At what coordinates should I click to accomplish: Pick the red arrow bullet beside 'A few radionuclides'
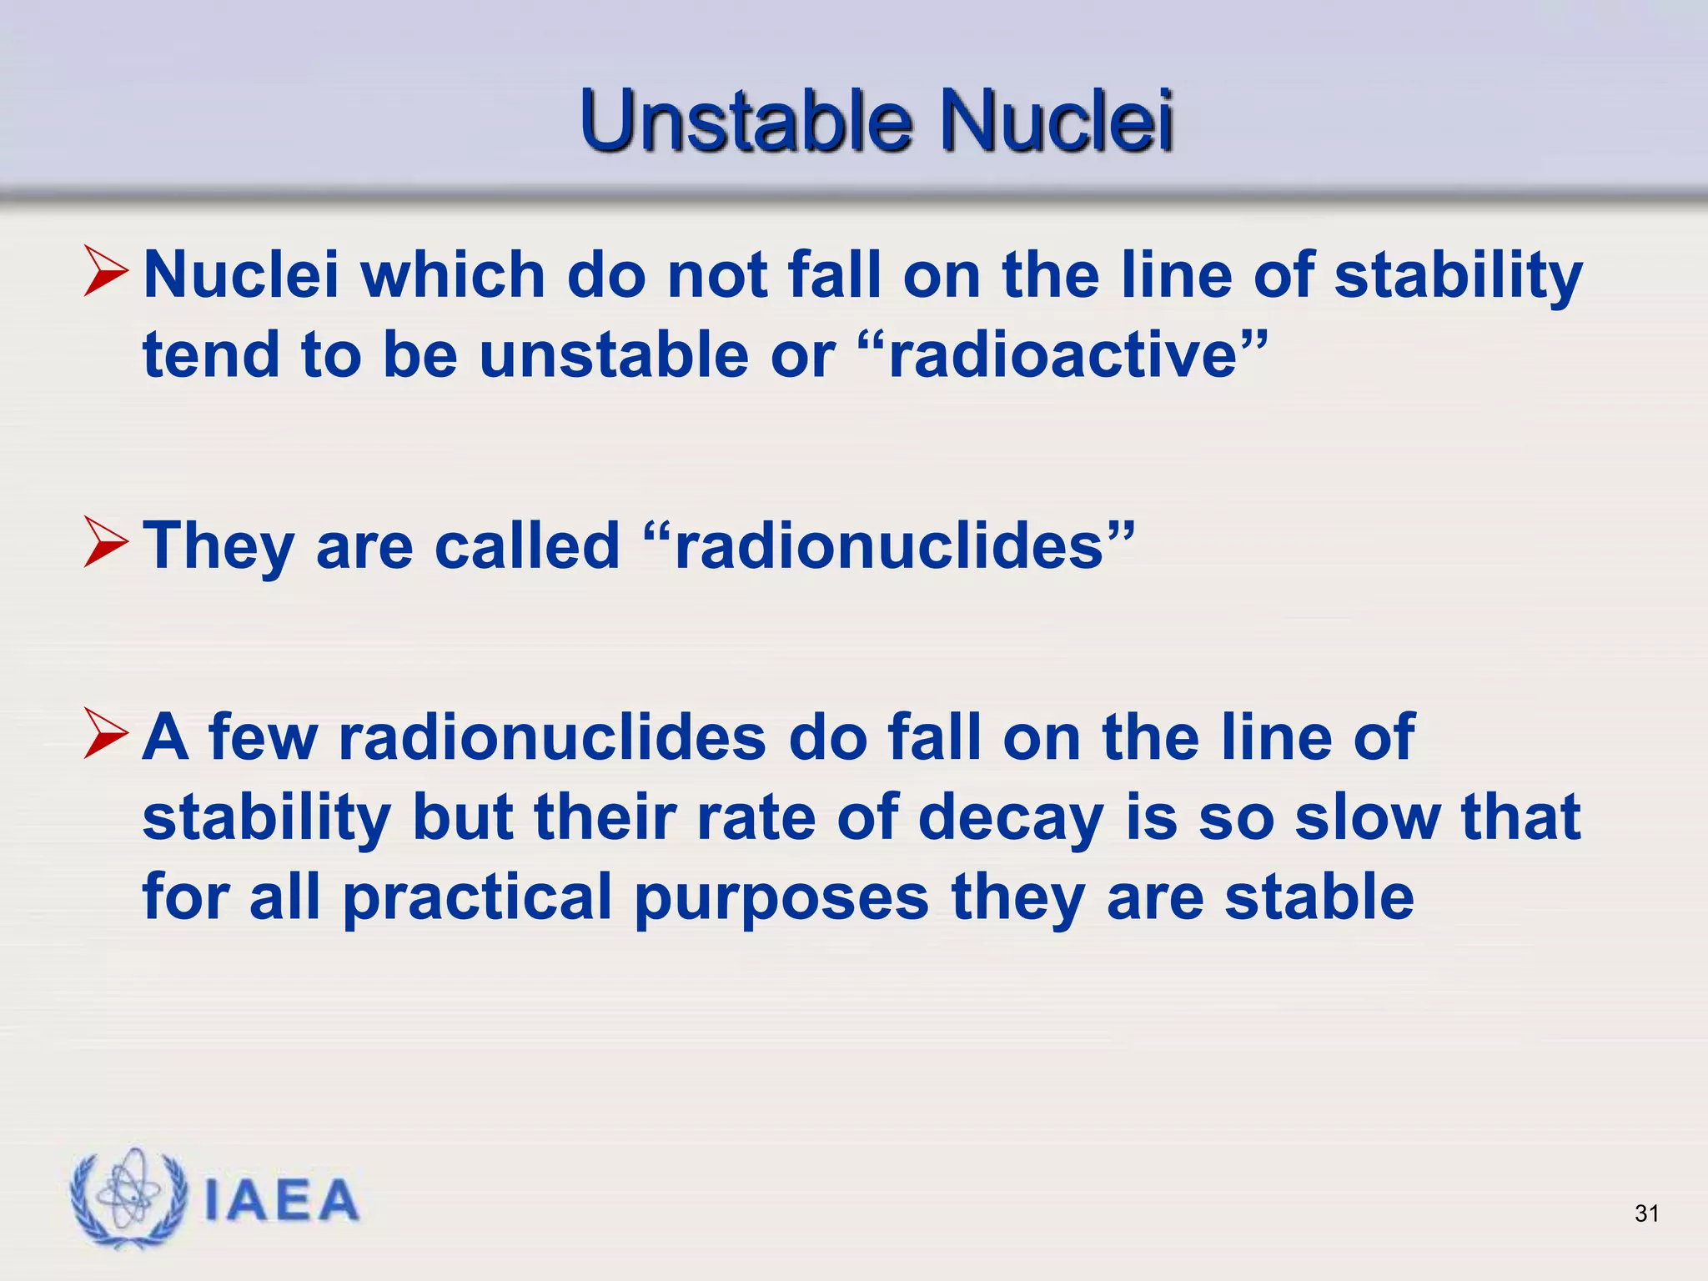pyautogui.click(x=106, y=734)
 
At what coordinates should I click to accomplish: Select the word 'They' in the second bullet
pyautogui.click(x=219, y=547)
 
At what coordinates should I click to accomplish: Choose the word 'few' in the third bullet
pyautogui.click(x=263, y=737)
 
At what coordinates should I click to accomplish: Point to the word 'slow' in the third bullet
pyautogui.click(x=1367, y=817)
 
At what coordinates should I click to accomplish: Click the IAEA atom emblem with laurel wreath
pyautogui.click(x=128, y=1198)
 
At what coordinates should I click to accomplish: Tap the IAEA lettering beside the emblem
pyautogui.click(x=281, y=1201)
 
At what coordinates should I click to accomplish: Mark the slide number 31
pyautogui.click(x=1646, y=1213)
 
